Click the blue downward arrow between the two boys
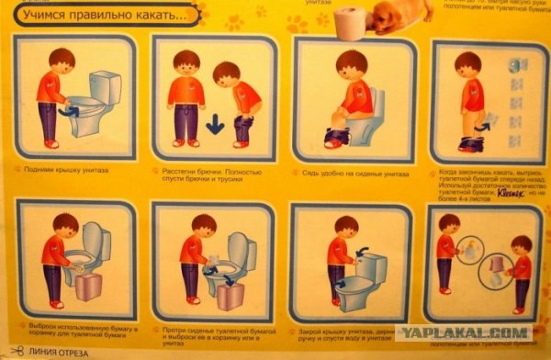[x=214, y=122]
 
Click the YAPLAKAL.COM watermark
[x=464, y=333]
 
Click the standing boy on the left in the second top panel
[x=187, y=96]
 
